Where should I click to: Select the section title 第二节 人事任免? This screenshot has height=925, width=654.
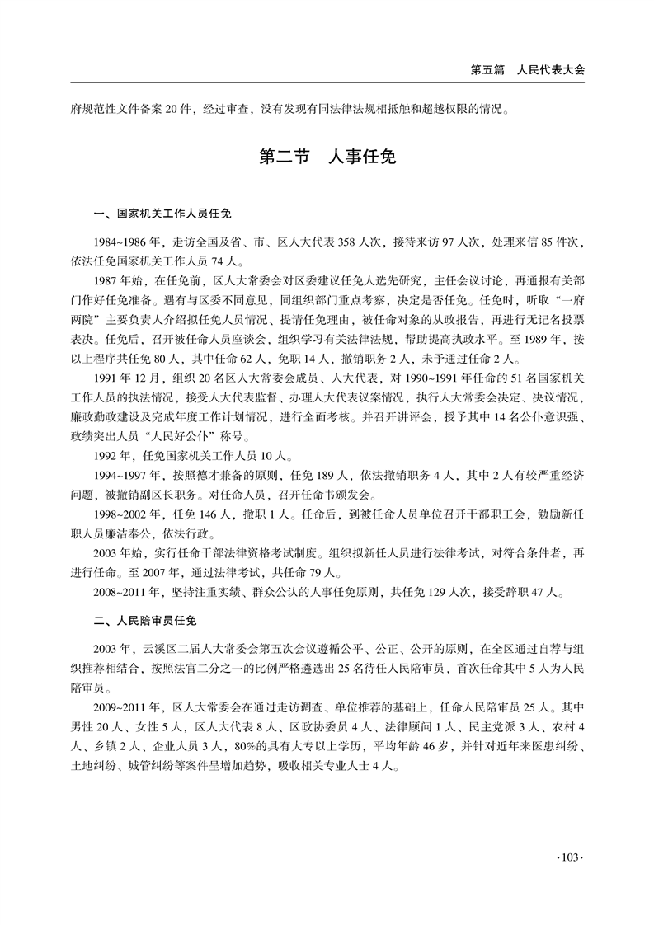(x=327, y=157)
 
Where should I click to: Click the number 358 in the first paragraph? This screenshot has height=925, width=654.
(x=350, y=241)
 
